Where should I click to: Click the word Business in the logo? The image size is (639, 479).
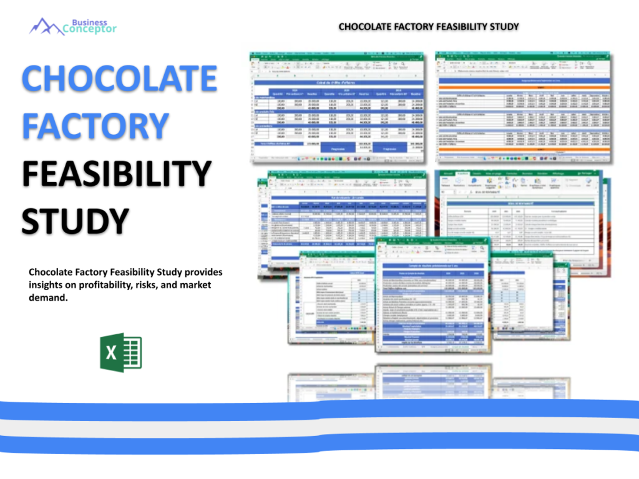[x=89, y=22]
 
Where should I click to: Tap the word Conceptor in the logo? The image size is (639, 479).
[x=90, y=29]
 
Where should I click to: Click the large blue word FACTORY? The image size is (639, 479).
[x=95, y=125]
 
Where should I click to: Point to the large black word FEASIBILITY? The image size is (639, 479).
[x=117, y=174]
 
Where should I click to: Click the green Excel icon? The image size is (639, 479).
[x=121, y=353]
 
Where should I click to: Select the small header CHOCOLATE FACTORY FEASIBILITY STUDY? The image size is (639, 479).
[x=429, y=27]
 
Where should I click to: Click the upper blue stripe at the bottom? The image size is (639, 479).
[x=319, y=410]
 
